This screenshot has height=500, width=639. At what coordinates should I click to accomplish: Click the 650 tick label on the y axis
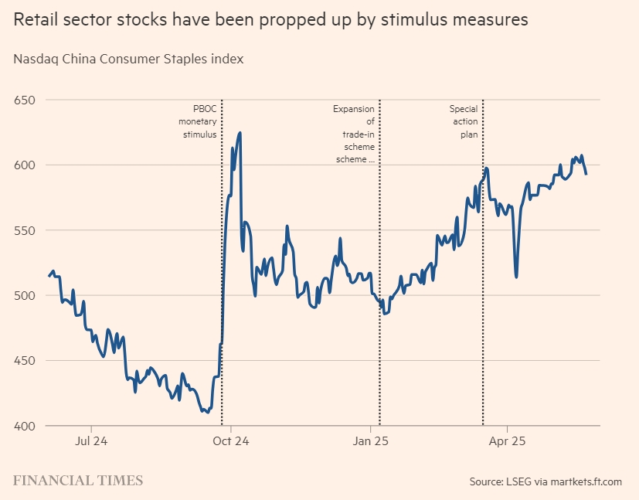[25, 100]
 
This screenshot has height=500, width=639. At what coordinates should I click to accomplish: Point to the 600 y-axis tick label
[25, 165]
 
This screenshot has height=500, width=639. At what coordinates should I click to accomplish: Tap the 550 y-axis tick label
[25, 230]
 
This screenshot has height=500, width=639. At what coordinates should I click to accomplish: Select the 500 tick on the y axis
[25, 295]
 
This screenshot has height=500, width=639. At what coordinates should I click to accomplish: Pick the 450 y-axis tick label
[25, 360]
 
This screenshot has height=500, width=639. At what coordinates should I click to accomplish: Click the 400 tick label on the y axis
[25, 426]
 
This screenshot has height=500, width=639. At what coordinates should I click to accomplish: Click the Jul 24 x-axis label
[91, 441]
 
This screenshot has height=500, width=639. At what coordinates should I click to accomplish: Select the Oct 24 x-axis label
[231, 441]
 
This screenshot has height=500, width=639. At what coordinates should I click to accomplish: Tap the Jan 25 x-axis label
[370, 441]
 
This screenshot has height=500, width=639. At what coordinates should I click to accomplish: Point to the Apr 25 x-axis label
[508, 441]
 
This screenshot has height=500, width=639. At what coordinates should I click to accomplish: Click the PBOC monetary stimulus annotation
[199, 121]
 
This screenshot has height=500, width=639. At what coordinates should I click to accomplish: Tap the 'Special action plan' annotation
[464, 121]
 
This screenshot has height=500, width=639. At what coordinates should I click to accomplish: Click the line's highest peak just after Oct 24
[240, 133]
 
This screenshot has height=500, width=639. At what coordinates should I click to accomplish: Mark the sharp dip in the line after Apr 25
[516, 277]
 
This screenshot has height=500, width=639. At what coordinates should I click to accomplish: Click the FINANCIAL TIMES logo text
[78, 481]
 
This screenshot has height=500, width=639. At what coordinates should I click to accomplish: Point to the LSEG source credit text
[545, 481]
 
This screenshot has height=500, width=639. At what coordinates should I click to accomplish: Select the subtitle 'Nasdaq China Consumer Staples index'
[128, 59]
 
